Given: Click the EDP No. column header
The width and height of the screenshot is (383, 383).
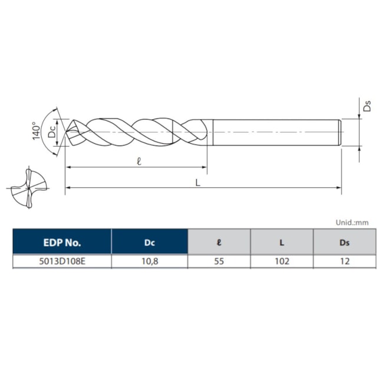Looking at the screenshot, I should click(x=62, y=242).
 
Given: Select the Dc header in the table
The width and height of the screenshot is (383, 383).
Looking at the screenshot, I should click(x=149, y=242).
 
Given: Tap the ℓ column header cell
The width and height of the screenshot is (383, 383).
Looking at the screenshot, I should click(x=219, y=242).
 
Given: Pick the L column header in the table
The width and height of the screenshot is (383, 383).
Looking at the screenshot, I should click(x=282, y=242).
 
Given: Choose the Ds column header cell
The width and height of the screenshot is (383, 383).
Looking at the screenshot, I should click(x=344, y=242).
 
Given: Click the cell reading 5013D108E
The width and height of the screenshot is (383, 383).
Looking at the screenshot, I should click(x=62, y=261).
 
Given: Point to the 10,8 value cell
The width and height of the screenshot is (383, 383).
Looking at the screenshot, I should click(x=149, y=261).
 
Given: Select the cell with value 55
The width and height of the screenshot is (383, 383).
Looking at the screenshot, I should click(x=219, y=261).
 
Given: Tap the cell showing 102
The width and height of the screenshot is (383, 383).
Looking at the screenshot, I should click(x=282, y=261).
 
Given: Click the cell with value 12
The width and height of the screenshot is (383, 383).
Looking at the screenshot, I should click(x=344, y=261).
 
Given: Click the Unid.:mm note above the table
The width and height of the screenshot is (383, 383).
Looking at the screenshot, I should click(x=352, y=223).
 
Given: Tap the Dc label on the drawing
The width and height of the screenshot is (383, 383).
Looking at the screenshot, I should click(x=53, y=130).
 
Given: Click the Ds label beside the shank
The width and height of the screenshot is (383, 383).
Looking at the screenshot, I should click(x=367, y=106).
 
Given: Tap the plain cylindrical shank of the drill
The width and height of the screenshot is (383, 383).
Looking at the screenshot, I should click(x=274, y=133).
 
